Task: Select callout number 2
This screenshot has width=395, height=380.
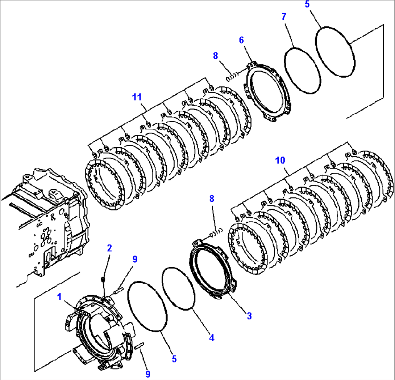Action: (x=109, y=248)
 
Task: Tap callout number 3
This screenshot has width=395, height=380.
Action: (x=249, y=316)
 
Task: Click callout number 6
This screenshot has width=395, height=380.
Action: (x=241, y=40)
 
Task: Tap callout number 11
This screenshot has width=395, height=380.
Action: (x=137, y=97)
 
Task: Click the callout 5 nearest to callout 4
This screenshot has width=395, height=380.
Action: (x=174, y=359)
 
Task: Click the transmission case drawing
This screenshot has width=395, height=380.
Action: (x=47, y=224)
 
